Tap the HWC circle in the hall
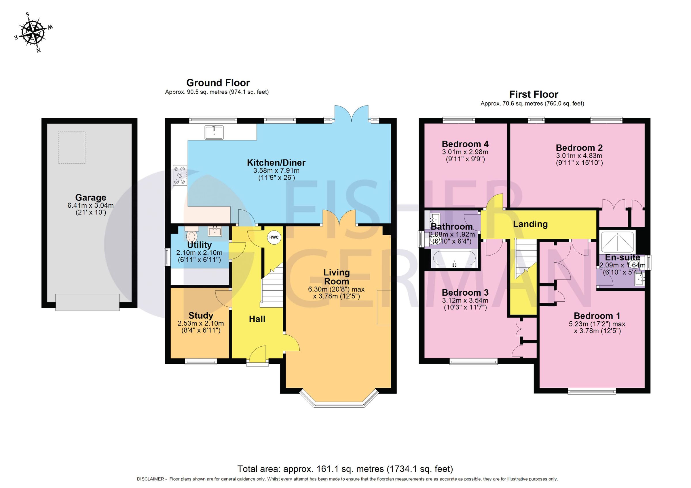tap(274, 237)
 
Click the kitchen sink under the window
tap(214, 133)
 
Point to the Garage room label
tap(91, 198)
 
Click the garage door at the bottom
tap(88, 302)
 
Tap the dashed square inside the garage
tap(72, 148)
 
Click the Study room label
tap(201, 316)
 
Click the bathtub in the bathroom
tap(454, 259)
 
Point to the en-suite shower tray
tap(618, 241)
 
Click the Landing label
tap(530, 224)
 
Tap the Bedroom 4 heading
tap(465, 144)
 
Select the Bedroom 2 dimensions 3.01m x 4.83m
tap(579, 156)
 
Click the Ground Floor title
tap(218, 82)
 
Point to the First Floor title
tap(534, 94)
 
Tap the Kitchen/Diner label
tap(276, 163)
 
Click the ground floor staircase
tap(272, 286)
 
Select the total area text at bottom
tap(345, 469)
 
